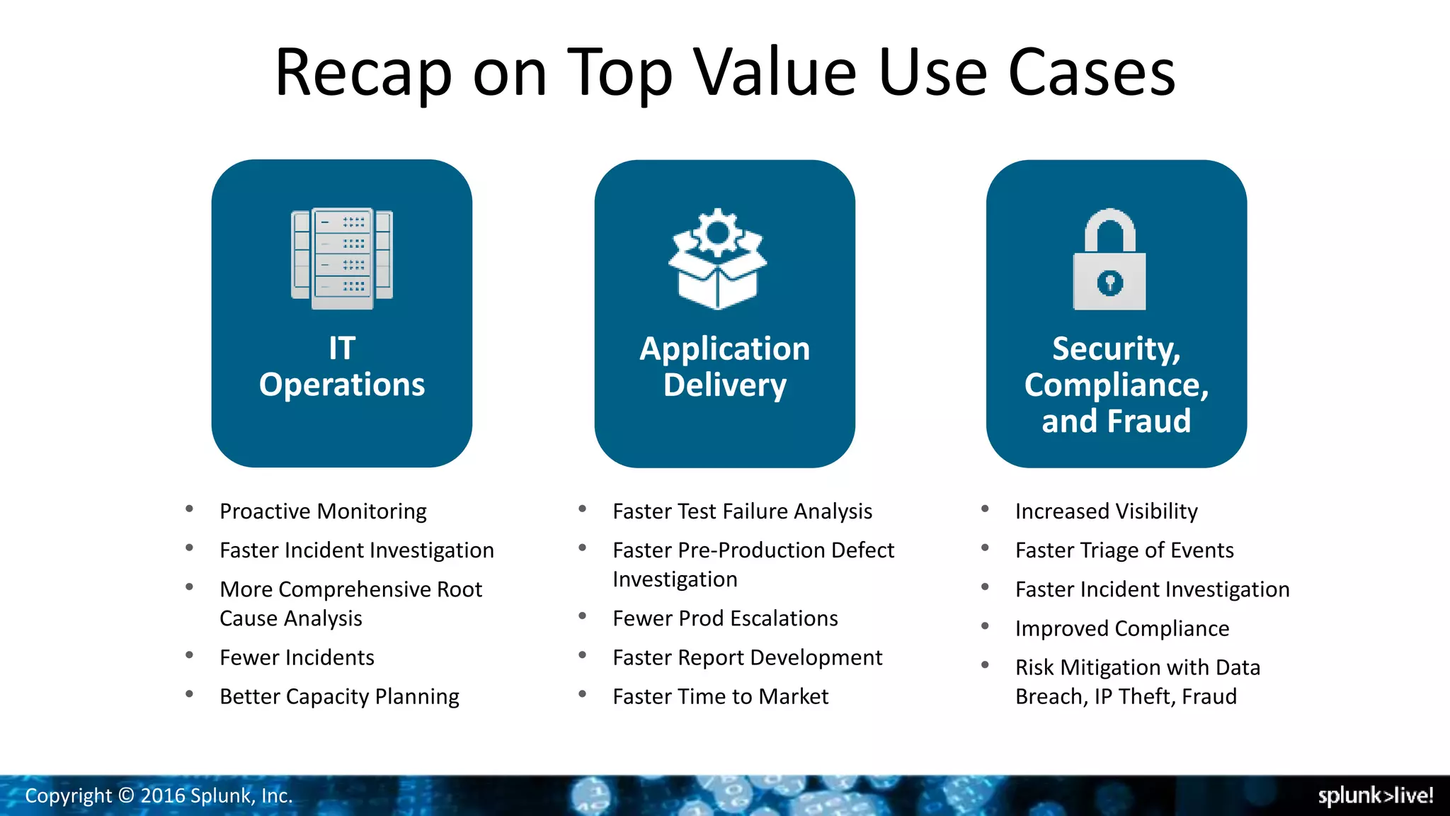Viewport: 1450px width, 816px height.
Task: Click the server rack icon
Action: (342, 259)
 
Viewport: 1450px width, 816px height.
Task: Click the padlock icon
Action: (1109, 260)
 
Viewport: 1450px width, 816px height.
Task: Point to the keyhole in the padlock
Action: (1109, 283)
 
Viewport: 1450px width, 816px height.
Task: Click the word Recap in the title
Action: (362, 73)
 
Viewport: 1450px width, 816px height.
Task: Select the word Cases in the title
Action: (1091, 73)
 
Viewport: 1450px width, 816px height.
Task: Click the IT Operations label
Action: (342, 367)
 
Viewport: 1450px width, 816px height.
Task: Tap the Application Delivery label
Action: (724, 367)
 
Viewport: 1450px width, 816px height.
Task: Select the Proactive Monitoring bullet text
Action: (323, 511)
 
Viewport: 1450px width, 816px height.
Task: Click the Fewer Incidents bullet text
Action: (297, 658)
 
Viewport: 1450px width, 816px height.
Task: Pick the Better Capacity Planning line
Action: (339, 697)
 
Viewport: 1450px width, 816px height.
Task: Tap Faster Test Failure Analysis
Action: (742, 511)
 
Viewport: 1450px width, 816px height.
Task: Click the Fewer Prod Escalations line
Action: (725, 618)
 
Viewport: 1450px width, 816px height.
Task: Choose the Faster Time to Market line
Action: (720, 697)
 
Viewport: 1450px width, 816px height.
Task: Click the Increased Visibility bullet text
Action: (1106, 511)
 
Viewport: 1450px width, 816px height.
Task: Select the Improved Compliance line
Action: (1121, 629)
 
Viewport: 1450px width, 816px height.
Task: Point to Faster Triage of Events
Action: (1124, 550)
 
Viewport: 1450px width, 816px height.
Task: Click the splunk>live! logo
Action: (1375, 796)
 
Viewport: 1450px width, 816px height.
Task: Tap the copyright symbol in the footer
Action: (126, 796)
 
